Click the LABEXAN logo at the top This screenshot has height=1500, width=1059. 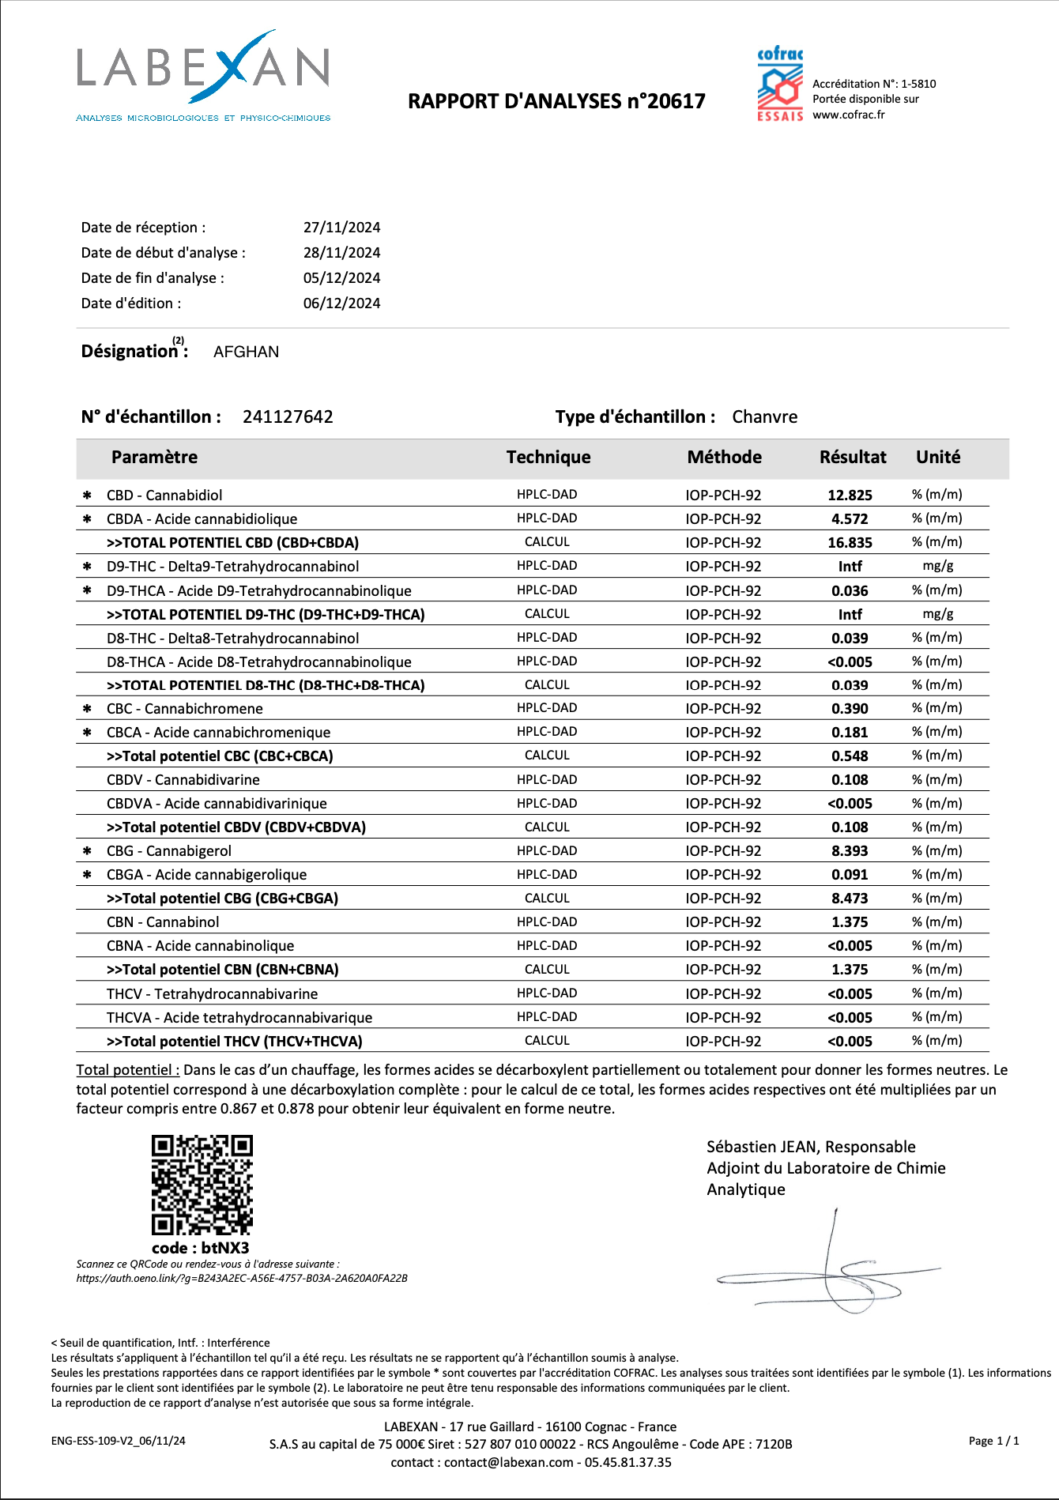203,75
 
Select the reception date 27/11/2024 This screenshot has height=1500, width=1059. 341,228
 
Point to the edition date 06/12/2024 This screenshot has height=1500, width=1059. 341,303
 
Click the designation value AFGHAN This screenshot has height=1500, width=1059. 246,352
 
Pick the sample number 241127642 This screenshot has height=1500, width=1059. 288,417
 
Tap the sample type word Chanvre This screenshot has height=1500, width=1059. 764,417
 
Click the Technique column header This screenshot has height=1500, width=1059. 548,458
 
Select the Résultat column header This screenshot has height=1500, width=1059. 852,458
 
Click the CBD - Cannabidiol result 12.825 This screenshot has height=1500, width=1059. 850,496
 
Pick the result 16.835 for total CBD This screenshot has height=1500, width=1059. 850,543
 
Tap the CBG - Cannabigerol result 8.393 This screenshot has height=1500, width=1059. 850,851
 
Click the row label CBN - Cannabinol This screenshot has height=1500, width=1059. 163,922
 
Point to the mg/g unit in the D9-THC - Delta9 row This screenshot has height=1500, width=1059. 937,567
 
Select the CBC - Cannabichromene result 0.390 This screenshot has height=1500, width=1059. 850,709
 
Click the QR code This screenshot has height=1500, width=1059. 202,1185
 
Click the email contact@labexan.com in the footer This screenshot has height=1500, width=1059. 508,1462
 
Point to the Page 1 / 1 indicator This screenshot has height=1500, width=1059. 993,1441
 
